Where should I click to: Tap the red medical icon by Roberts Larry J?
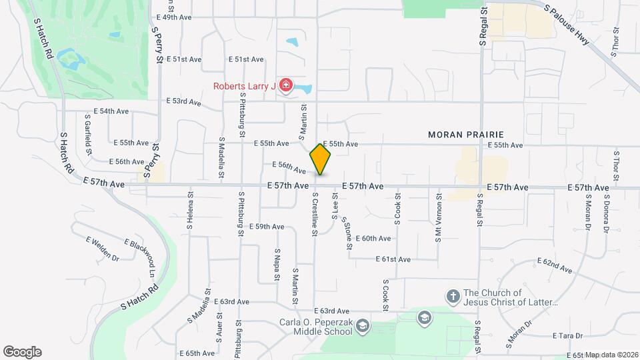286,85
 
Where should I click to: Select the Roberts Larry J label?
244,86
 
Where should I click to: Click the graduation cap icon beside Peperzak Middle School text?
362,326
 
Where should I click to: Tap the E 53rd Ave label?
183,102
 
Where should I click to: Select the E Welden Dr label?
103,248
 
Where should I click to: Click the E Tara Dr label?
568,336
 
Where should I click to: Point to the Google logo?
22,352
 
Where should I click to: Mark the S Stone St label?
347,233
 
